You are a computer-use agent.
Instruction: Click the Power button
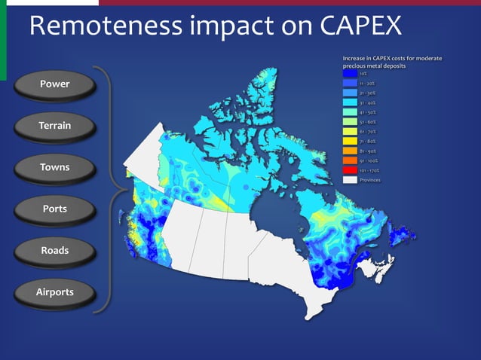(55, 84)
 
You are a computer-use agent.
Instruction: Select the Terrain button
(55, 126)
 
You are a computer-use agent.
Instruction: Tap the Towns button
(55, 167)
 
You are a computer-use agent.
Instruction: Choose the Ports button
(55, 209)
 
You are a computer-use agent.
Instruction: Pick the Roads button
(55, 250)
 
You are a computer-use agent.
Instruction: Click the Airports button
(55, 291)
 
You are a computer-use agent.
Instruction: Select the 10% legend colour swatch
(349, 74)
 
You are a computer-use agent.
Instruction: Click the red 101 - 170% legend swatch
(349, 170)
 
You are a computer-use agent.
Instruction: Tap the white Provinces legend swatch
(349, 180)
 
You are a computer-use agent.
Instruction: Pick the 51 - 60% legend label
(368, 122)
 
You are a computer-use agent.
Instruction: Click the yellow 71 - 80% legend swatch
(349, 141)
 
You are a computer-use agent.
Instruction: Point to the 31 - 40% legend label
(368, 102)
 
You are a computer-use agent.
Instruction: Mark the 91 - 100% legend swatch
(349, 160)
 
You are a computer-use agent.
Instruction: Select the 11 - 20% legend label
(368, 84)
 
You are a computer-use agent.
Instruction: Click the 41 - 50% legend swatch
(349, 112)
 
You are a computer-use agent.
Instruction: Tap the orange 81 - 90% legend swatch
(349, 151)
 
